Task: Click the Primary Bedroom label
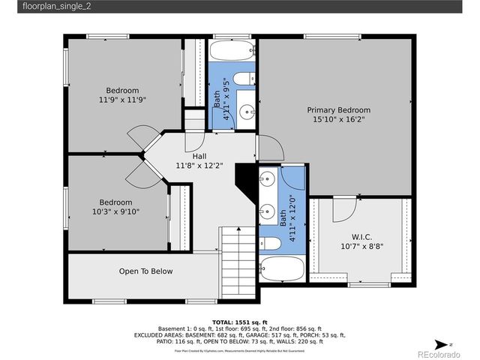(342, 109)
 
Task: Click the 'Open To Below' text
(145, 271)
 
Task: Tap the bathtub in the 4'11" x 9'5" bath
(232, 51)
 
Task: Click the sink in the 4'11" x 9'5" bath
(247, 112)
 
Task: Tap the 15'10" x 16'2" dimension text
(342, 119)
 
